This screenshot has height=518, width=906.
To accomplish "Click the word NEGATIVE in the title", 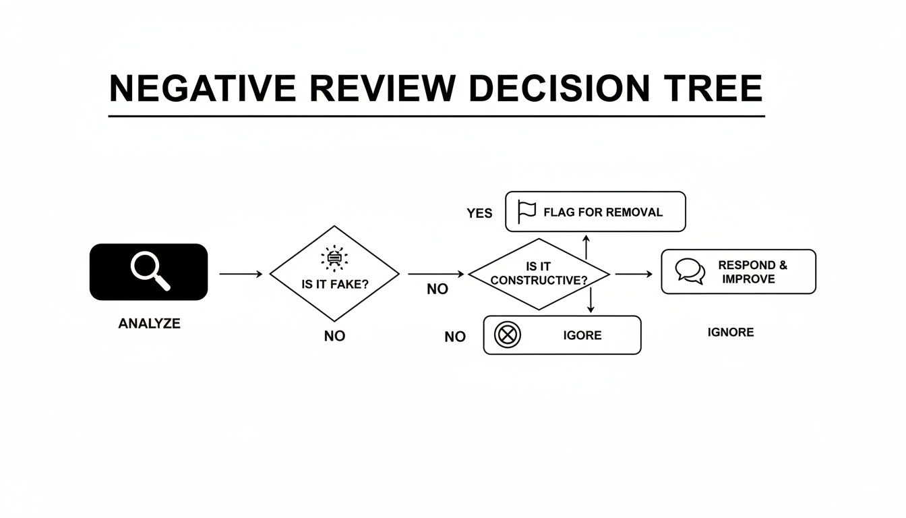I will tap(202, 88).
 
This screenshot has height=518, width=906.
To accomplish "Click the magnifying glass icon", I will tap(150, 270).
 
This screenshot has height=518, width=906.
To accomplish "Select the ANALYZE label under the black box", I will tap(149, 324).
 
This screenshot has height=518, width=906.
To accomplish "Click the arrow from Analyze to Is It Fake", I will tap(240, 274).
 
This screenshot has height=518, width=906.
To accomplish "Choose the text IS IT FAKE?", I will tap(335, 285).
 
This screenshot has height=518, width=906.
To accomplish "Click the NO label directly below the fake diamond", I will tap(334, 336).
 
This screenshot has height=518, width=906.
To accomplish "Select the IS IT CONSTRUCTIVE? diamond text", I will tap(539, 274).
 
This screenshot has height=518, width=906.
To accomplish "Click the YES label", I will tap(479, 213).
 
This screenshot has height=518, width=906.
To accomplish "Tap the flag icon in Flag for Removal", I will tap(526, 212).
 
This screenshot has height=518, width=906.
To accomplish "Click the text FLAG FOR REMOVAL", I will tap(603, 212).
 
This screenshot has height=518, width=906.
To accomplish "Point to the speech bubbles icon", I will tap(690, 271).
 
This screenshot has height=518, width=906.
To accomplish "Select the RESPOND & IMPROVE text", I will tap(752, 272).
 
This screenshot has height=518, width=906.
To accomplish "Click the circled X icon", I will tap(508, 335).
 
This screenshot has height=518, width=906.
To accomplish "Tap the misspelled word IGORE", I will tap(582, 335).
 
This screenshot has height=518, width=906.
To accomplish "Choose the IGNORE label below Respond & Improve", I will tap(731, 333).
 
